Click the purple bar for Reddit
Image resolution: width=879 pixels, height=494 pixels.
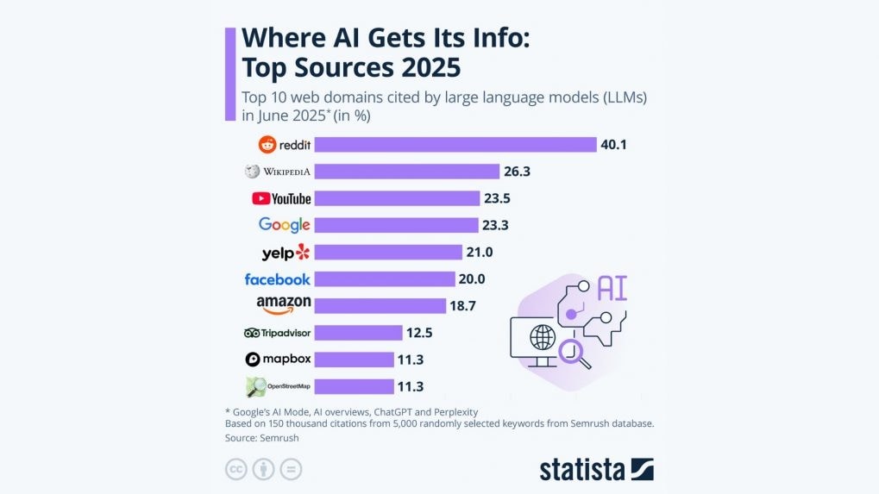pyautogui.click(x=455, y=145)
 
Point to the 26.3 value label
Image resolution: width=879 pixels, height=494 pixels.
pyautogui.click(x=516, y=172)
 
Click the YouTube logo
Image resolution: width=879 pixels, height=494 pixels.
pyautogui.click(x=281, y=198)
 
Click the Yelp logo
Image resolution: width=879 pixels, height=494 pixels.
pyautogui.click(x=285, y=253)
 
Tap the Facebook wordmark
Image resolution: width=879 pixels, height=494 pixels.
pyautogui.click(x=277, y=279)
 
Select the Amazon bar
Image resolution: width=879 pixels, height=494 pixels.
pyautogui.click(x=380, y=306)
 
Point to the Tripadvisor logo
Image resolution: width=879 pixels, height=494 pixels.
pyautogui.click(x=277, y=333)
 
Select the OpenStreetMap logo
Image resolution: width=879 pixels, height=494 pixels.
pyautogui.click(x=277, y=386)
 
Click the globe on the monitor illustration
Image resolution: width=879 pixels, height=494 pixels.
pyautogui.click(x=543, y=335)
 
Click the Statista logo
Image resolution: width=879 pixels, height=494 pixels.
pyautogui.click(x=596, y=469)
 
